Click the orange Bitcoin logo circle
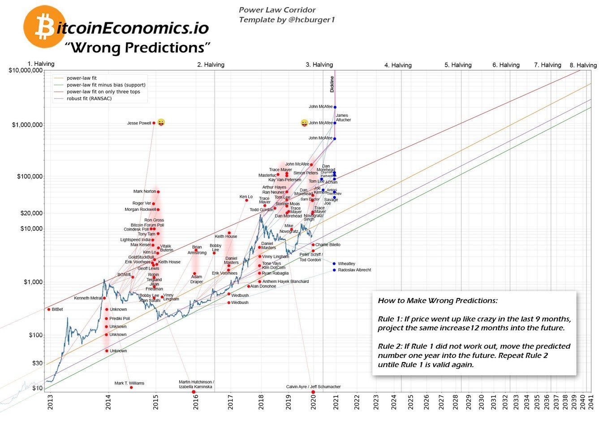(44, 27)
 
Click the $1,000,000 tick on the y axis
(27, 125)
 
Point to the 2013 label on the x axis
(50, 401)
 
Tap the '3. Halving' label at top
(319, 65)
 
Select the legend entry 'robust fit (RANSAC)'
(89, 98)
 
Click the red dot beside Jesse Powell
(154, 123)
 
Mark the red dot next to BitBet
(49, 309)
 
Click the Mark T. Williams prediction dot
(131, 387)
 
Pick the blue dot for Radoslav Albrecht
(334, 270)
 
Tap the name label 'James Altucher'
(343, 118)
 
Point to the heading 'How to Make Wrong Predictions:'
(437, 301)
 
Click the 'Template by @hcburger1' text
(287, 20)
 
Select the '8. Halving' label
(583, 65)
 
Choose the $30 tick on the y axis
(37, 363)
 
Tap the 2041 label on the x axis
(591, 401)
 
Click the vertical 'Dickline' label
(332, 84)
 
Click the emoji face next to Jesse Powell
(161, 123)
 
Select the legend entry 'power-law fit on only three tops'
(103, 92)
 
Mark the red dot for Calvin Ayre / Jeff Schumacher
(313, 392)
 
